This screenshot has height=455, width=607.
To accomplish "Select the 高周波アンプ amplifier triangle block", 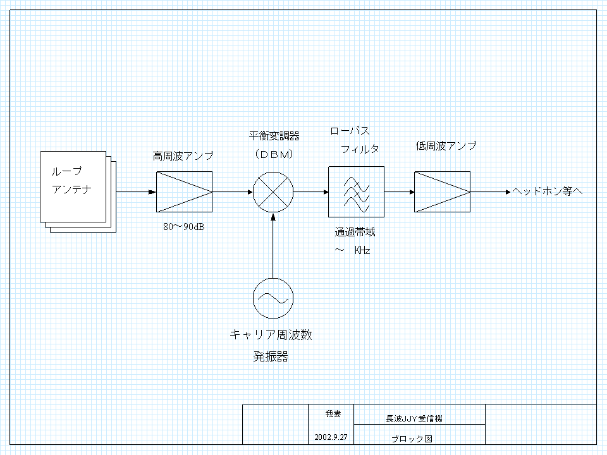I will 184,191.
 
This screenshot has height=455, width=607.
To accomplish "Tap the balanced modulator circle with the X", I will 273,191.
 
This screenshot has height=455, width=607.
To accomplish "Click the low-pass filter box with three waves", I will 356,191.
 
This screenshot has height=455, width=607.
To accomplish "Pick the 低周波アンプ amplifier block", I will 442,191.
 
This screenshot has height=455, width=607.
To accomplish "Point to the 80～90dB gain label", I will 183,227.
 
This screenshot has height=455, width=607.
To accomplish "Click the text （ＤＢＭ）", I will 273,153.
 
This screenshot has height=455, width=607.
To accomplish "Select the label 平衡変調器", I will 274,136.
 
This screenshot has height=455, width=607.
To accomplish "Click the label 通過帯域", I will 355,233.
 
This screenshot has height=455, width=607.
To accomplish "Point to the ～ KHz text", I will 353,251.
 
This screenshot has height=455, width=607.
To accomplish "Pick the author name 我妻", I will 333,414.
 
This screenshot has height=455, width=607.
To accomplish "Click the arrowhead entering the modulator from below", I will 273,217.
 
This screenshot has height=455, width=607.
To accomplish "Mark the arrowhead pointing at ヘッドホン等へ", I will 507,191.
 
